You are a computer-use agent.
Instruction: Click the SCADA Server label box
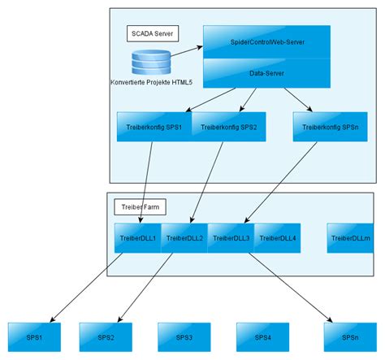point(153,33)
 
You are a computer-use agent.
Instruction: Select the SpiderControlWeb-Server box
point(266,42)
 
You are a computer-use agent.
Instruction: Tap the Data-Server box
point(266,73)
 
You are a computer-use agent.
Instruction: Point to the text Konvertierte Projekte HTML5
point(153,82)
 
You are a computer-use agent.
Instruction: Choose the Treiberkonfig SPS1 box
point(154,127)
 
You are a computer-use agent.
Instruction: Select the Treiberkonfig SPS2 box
point(228,127)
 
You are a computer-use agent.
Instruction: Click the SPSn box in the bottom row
point(349,336)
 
